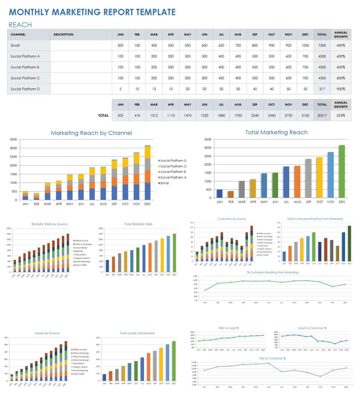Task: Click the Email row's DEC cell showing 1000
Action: [x=305, y=45]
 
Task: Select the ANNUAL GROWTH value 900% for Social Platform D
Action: [x=341, y=89]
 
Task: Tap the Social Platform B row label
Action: [x=25, y=67]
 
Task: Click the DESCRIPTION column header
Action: [x=63, y=35]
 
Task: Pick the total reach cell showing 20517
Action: [x=322, y=115]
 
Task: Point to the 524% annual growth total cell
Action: [x=341, y=115]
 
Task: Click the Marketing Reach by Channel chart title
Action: [x=91, y=133]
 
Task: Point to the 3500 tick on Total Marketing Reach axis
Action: [x=208, y=139]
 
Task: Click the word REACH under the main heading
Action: [x=20, y=25]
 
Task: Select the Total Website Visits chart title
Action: [x=138, y=224]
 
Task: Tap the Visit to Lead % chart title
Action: [x=228, y=328]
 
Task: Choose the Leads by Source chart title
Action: [x=47, y=333]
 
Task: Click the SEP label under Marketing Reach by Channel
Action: [x=114, y=204]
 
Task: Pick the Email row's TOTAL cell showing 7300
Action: [x=322, y=45]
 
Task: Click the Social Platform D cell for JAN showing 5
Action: [x=120, y=89]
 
